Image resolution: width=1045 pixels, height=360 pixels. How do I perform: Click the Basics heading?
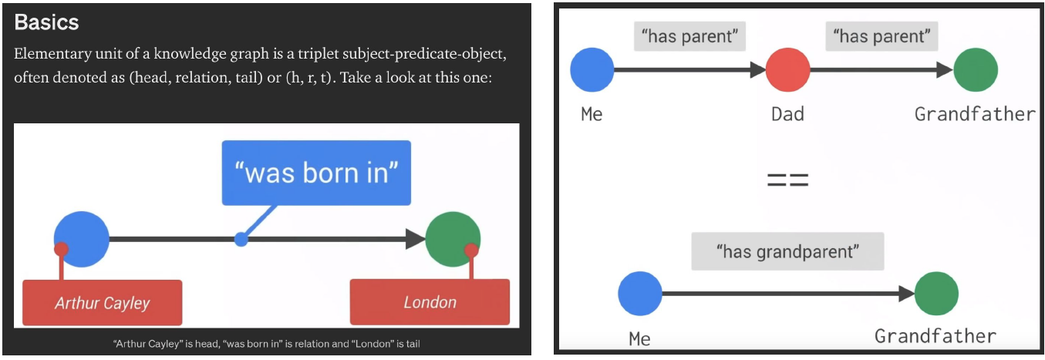[46, 22]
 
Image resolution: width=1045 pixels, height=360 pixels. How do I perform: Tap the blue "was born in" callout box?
[316, 173]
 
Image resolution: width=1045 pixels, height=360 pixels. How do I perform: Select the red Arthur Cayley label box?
[103, 303]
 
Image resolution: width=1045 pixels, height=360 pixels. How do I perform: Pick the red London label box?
[430, 302]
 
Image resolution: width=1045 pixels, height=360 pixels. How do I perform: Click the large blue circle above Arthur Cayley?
[82, 238]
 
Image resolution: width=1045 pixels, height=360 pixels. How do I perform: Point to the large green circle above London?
[453, 238]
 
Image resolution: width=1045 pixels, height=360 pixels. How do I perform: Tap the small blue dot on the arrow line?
[241, 240]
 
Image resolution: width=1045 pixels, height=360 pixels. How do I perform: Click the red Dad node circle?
[788, 70]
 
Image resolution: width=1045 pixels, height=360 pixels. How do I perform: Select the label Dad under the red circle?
[788, 115]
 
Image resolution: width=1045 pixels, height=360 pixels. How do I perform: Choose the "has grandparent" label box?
[787, 252]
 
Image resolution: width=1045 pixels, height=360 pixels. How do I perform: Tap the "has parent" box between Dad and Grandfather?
[882, 35]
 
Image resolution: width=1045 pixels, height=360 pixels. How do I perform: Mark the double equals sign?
[787, 182]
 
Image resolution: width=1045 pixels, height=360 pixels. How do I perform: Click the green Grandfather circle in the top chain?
[976, 70]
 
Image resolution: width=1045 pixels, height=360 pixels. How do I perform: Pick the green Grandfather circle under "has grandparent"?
[936, 293]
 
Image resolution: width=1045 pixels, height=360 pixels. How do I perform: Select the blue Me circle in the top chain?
[592, 70]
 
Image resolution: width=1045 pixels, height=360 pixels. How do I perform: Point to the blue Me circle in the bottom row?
[640, 293]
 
